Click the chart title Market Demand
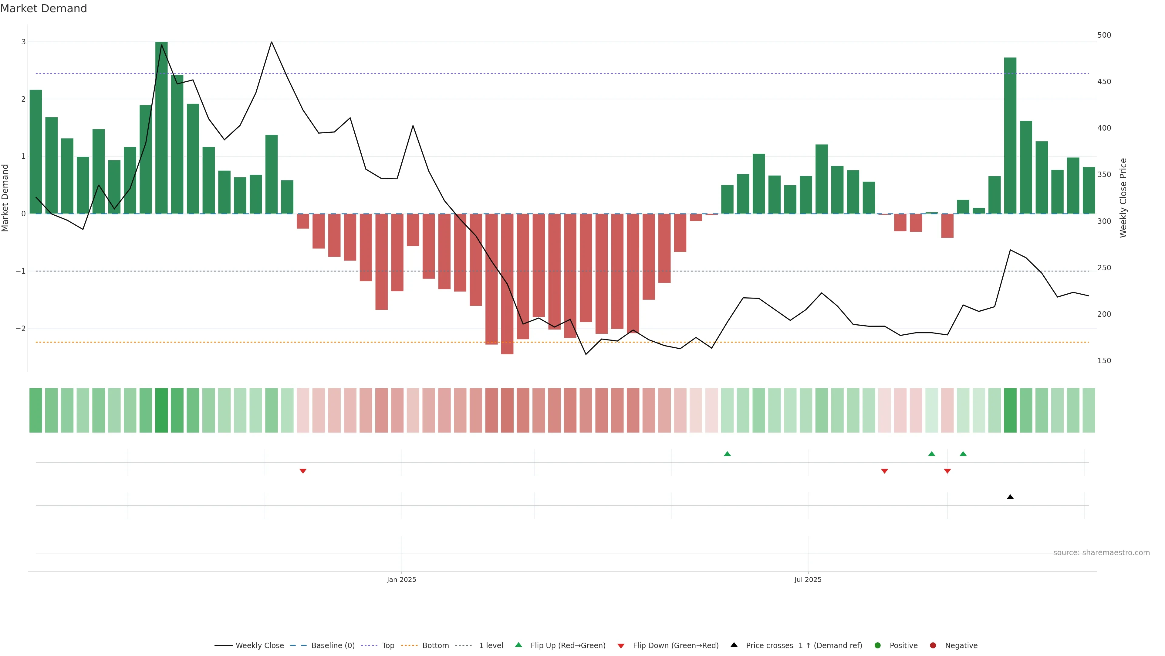(43, 9)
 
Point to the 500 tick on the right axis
(1104, 35)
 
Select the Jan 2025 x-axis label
(401, 579)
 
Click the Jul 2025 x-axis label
(808, 579)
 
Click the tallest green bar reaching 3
(161, 127)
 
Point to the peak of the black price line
(271, 42)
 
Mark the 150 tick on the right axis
(1104, 361)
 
